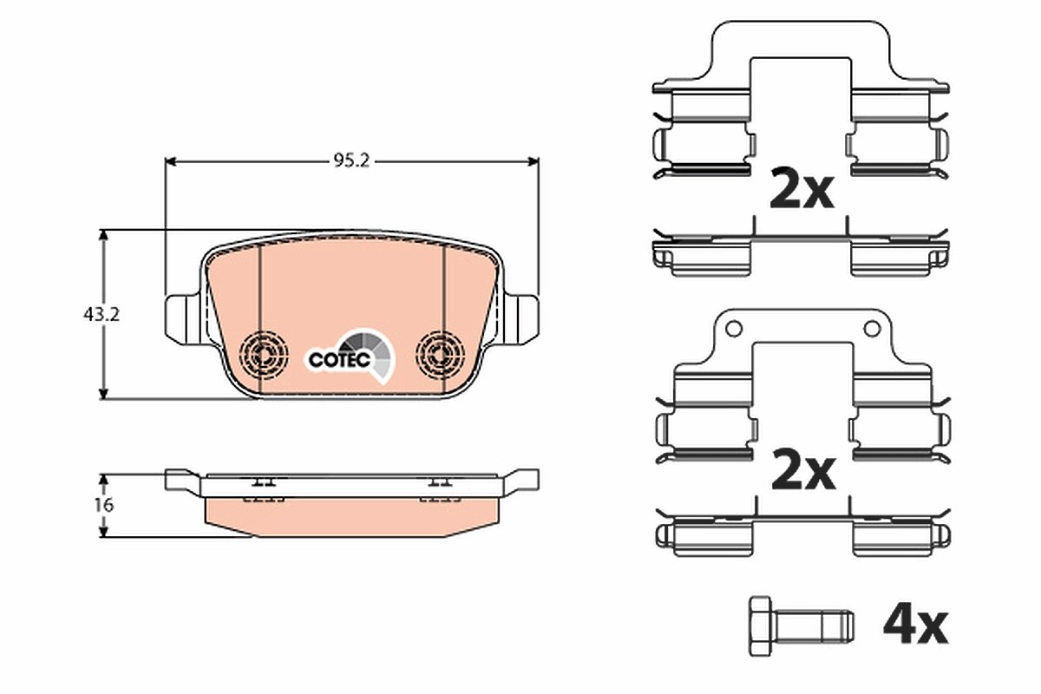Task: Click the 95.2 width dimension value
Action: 351,160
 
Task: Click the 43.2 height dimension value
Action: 101,315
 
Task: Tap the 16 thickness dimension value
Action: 103,505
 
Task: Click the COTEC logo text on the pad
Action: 340,359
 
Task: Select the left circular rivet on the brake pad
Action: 263,356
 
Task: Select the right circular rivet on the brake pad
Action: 440,356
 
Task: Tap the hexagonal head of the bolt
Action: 760,625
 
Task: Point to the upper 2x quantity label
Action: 802,189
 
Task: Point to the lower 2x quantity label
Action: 803,471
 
